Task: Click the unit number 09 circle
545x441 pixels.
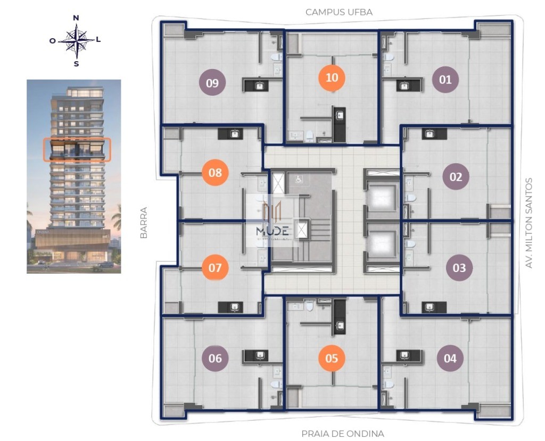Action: coord(212,82)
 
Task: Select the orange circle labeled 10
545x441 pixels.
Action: coord(332,78)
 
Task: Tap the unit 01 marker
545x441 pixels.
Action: coord(445,80)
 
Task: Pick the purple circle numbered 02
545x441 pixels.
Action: coord(456,177)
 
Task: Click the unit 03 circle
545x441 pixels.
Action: coord(459,267)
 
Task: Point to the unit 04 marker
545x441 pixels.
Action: coord(450,358)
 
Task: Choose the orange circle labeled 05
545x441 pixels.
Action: coord(332,358)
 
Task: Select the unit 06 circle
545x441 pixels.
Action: coord(215,358)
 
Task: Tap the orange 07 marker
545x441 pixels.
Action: coord(215,267)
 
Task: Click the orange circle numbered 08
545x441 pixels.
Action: coord(215,173)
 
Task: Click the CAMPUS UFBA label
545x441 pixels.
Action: coord(338,12)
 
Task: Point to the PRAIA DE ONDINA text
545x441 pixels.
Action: coord(342,434)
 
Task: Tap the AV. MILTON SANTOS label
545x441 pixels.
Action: coord(529,222)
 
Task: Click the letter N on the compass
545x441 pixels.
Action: coord(76,18)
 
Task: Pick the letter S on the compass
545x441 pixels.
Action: coord(76,64)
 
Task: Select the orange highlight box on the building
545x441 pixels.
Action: coord(77,149)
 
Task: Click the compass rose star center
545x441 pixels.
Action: coord(76,40)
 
